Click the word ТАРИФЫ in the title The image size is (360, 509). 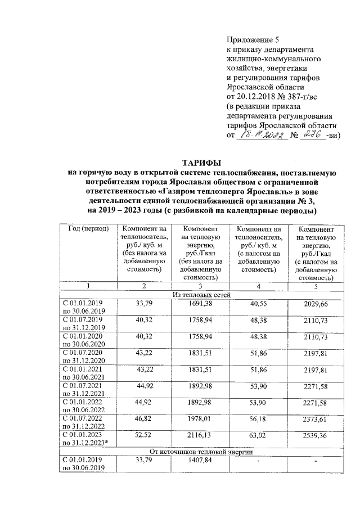click(x=201, y=163)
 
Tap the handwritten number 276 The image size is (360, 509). click(x=311, y=135)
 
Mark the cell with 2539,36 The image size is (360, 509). click(x=315, y=436)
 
